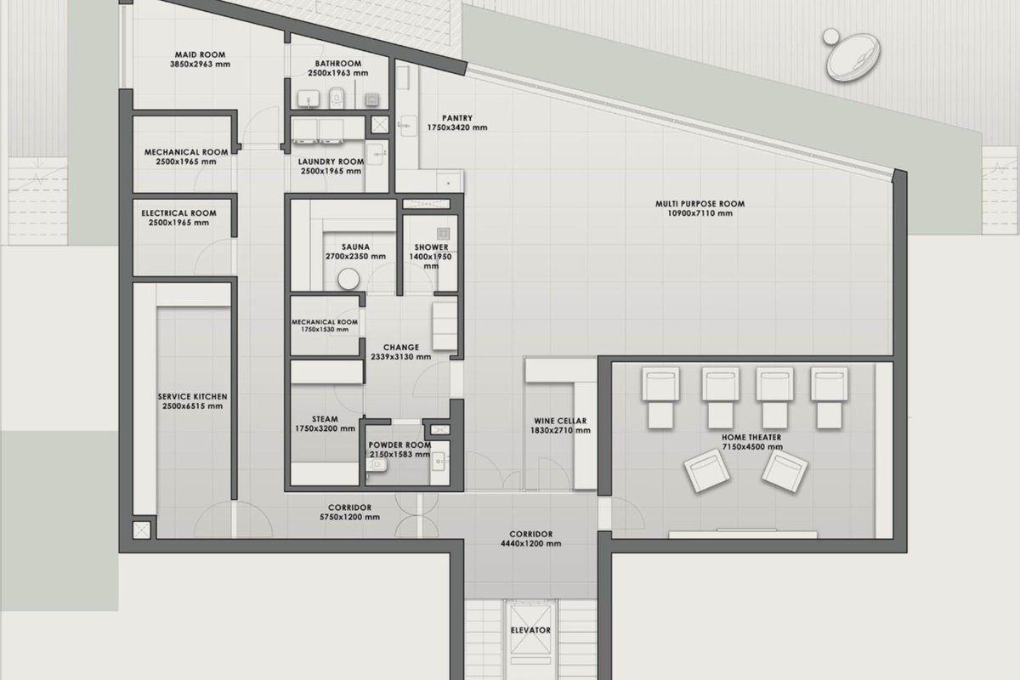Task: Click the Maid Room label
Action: (x=200, y=54)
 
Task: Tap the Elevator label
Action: (x=530, y=631)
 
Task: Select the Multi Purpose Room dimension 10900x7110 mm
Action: (x=700, y=213)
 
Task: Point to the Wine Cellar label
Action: (x=560, y=421)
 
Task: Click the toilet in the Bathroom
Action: (x=336, y=98)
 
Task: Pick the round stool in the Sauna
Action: (x=348, y=279)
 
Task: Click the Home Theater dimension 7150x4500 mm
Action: (x=752, y=447)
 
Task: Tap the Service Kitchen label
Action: (x=192, y=397)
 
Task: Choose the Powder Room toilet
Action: (x=377, y=465)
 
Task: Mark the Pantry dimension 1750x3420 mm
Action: (x=457, y=127)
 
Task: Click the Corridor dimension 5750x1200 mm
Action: (x=349, y=517)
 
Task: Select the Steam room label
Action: (x=325, y=419)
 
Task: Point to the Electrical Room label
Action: (x=178, y=213)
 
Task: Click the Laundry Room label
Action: (x=331, y=161)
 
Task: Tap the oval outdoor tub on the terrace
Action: (x=853, y=58)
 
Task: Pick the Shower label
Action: (x=431, y=247)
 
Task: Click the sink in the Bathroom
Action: (x=309, y=99)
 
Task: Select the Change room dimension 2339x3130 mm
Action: (x=400, y=357)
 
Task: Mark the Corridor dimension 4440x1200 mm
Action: (x=531, y=543)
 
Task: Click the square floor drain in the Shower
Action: (x=443, y=234)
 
